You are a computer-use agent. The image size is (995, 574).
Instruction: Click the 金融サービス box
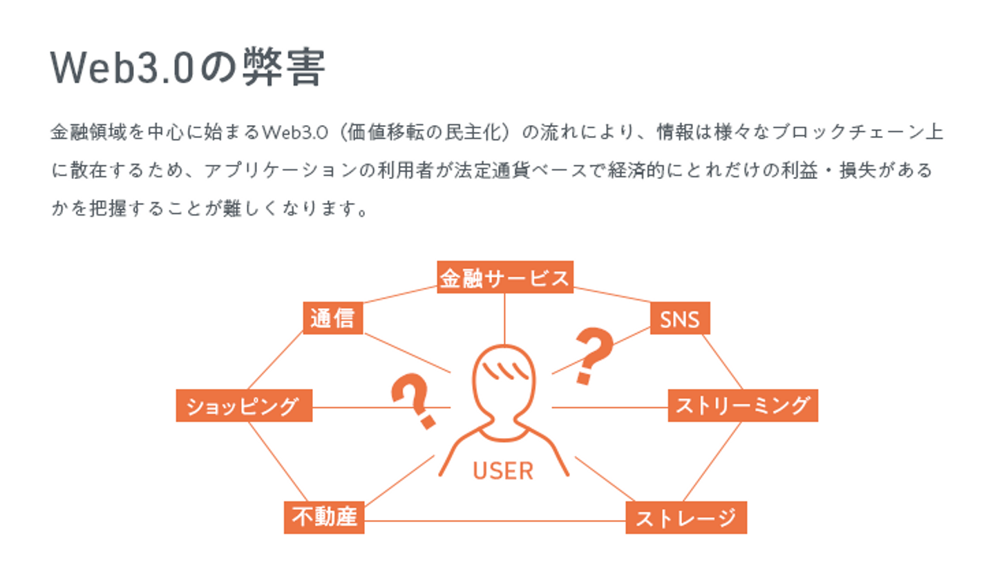tap(504, 277)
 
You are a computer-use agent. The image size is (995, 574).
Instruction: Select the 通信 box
tap(332, 318)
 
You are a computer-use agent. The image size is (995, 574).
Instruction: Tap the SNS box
tap(680, 318)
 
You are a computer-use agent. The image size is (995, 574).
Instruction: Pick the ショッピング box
tap(244, 405)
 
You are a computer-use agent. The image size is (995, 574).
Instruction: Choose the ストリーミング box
tap(742, 405)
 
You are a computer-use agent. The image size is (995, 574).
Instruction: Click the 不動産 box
tap(323, 517)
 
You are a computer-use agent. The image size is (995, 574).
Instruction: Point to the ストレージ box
tap(685, 517)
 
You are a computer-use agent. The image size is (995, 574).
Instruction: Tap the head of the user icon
tap(504, 376)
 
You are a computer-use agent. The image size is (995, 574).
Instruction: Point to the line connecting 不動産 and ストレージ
tap(494, 520)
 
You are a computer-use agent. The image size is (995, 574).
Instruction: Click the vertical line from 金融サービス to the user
tap(504, 318)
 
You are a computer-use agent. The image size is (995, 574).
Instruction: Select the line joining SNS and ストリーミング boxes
tap(723, 362)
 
